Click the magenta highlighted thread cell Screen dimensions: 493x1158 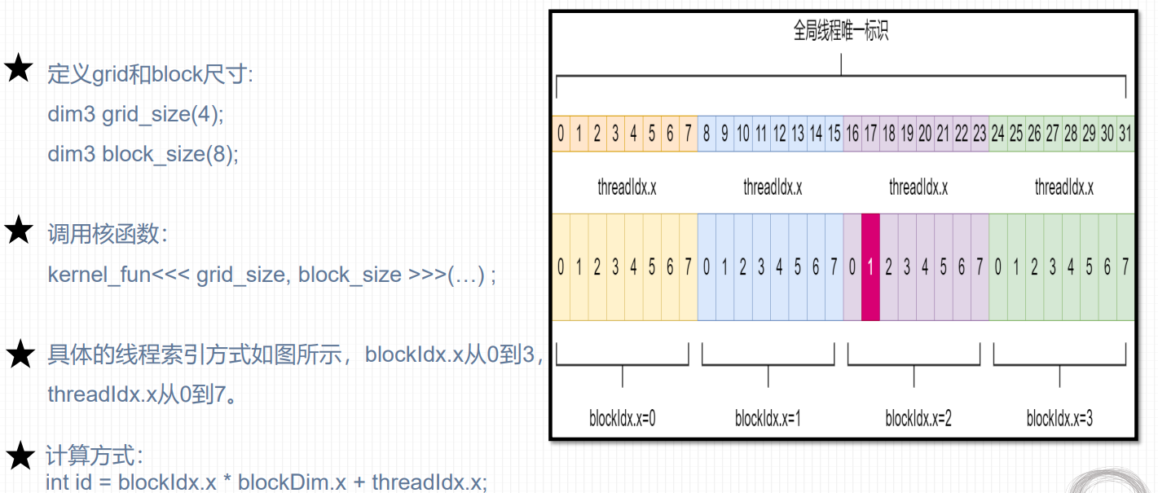pos(870,266)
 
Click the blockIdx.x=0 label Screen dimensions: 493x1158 pos(623,419)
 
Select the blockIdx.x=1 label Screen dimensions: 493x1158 pos(768,419)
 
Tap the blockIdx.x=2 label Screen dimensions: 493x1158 pos(918,419)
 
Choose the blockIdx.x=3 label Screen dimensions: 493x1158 pos(1059,419)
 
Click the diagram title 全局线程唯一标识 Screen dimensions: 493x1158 pos(840,32)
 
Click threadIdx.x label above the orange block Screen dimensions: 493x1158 pos(627,187)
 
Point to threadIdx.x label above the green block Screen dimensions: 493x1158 pos(1063,187)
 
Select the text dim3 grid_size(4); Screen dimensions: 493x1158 pos(135,115)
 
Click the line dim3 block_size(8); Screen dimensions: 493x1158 pos(143,154)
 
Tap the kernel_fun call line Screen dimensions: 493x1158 pos(271,275)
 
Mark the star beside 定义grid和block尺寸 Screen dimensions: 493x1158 pos(19,69)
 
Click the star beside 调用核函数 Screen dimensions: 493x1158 pos(19,231)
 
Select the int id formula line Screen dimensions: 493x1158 pos(266,482)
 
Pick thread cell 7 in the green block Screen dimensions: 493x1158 pos(1125,266)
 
